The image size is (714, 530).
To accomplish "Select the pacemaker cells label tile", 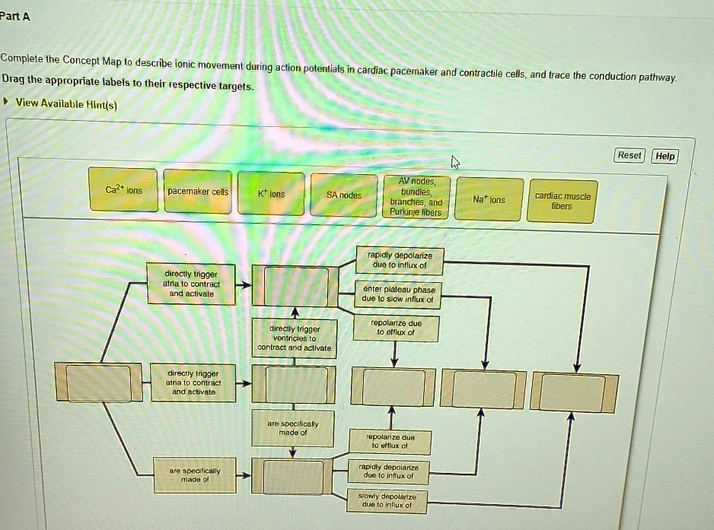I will pyautogui.click(x=198, y=192).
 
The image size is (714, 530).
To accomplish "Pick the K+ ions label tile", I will pyautogui.click(x=271, y=194).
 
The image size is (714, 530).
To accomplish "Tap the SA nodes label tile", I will pyautogui.click(x=344, y=195).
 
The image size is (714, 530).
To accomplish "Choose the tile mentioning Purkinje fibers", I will pyautogui.click(x=416, y=197).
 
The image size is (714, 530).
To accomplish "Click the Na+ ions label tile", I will pyautogui.click(x=489, y=199).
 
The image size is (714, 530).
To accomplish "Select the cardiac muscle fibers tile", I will pyautogui.click(x=563, y=201).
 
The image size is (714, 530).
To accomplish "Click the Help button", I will pyautogui.click(x=665, y=156).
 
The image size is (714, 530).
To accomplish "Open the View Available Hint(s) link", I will pyautogui.click(x=66, y=103).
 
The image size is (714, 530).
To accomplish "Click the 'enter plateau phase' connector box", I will pyautogui.click(x=399, y=294).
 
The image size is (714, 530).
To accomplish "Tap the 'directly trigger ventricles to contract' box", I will pyautogui.click(x=294, y=338).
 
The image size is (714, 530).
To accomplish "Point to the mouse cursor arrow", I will pyautogui.click(x=455, y=161).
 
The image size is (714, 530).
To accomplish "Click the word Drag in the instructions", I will pyautogui.click(x=14, y=79).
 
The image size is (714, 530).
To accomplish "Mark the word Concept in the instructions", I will pyautogui.click(x=87, y=59).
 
